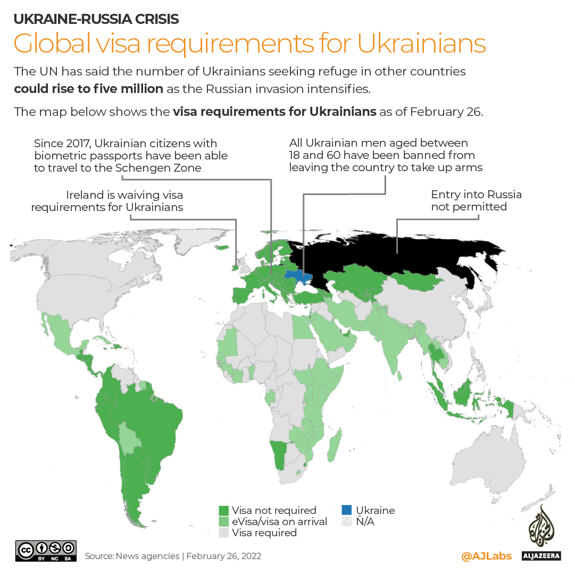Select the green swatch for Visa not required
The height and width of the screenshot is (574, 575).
coord(224,511)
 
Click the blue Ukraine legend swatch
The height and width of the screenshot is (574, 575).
coord(347,511)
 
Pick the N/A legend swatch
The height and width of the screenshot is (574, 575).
coord(347,522)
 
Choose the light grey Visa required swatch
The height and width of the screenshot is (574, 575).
coord(224,533)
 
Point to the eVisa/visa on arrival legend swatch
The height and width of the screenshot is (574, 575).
coord(224,522)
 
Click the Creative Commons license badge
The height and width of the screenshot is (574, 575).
coord(46,550)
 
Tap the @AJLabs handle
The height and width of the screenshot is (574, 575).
coord(486,556)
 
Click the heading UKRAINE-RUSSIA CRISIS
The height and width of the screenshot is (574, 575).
coord(96,19)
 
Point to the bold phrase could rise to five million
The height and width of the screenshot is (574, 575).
coord(89,88)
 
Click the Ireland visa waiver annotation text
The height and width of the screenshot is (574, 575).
coord(107,201)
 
